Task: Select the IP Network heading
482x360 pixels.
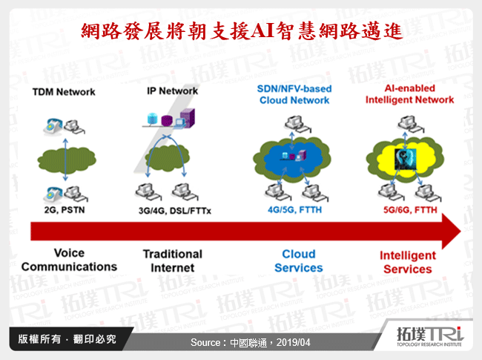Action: pyautogui.click(x=172, y=91)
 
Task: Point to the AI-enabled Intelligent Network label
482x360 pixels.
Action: pyautogui.click(x=409, y=94)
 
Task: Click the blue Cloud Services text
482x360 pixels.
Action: pyautogui.click(x=298, y=261)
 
